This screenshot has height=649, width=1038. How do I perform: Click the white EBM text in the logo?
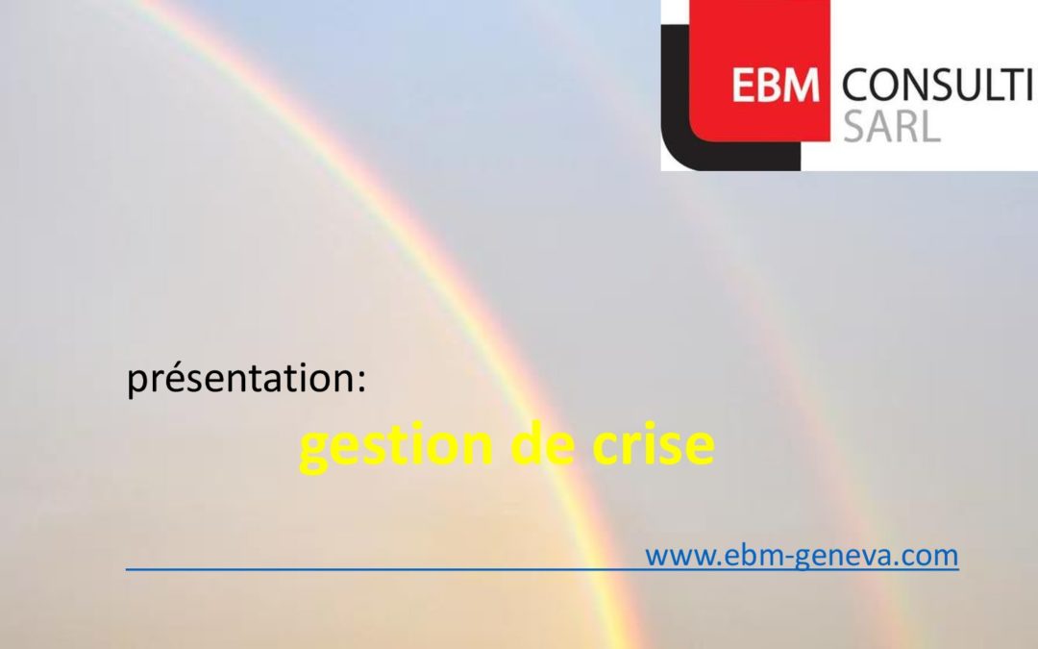click(776, 87)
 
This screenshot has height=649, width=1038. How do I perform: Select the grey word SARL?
click(892, 127)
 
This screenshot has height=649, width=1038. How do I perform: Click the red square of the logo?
click(759, 70)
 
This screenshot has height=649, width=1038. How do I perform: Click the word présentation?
click(239, 379)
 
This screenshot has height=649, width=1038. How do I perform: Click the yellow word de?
click(542, 443)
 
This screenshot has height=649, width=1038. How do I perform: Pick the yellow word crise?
click(654, 443)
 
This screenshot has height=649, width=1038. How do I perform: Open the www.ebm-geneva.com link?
click(802, 555)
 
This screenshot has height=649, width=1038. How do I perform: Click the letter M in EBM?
click(803, 87)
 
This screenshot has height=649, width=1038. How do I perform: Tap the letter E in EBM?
click(743, 87)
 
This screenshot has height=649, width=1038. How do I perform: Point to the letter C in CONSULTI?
click(856, 87)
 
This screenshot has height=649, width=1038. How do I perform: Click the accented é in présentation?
click(171, 378)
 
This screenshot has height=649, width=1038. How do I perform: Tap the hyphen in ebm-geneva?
click(787, 558)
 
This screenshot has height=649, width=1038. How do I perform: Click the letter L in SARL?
click(930, 127)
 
